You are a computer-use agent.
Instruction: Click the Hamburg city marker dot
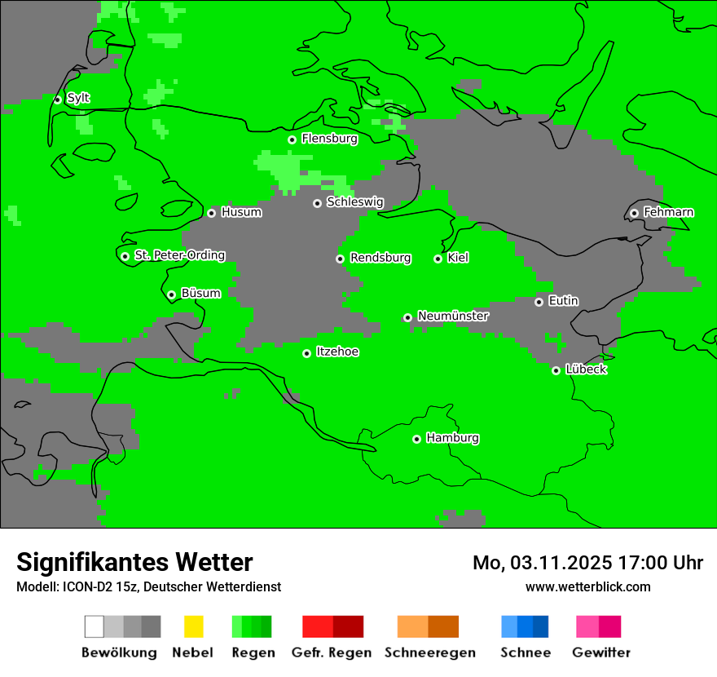[x=416, y=439]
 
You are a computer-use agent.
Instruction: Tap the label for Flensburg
[x=329, y=139]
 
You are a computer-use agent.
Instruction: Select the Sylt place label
[x=78, y=98]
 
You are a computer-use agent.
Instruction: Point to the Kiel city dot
[x=438, y=259]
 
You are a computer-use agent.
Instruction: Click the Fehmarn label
[x=668, y=212]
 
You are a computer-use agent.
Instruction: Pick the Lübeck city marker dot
[x=556, y=370]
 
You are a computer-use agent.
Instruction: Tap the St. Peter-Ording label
[x=179, y=255]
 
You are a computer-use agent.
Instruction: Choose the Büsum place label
[x=200, y=293]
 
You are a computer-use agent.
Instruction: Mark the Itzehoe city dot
[x=306, y=353]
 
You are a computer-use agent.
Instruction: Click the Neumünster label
[x=453, y=316]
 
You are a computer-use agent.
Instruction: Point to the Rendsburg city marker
[x=340, y=259]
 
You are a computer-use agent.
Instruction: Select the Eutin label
[x=563, y=301]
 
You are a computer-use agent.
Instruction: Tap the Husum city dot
[x=211, y=213]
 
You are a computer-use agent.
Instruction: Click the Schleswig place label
[x=354, y=201]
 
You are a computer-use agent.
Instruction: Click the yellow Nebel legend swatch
[x=193, y=626]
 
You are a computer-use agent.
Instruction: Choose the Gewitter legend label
[x=601, y=653]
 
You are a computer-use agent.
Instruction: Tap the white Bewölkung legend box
[x=95, y=626]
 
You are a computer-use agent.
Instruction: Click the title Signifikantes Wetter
[x=134, y=562]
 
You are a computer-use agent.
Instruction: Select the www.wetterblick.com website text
[x=587, y=586]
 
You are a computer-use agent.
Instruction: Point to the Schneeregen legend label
[x=430, y=653]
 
